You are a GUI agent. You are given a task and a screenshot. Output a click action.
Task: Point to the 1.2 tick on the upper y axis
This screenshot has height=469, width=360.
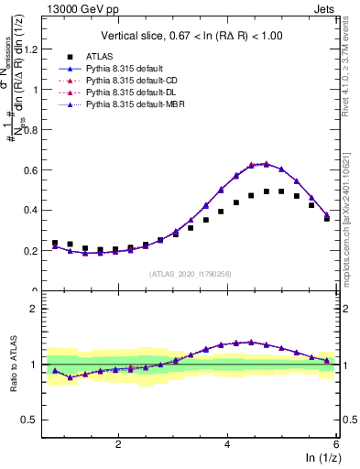click(35, 49)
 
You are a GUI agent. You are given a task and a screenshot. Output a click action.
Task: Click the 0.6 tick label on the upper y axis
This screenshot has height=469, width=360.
click(35, 169)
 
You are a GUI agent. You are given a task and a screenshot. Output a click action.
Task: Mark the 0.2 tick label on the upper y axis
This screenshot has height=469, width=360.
click(35, 250)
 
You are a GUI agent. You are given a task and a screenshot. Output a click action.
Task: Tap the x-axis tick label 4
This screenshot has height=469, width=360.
click(227, 443)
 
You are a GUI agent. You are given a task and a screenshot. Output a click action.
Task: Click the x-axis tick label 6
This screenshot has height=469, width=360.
click(335, 443)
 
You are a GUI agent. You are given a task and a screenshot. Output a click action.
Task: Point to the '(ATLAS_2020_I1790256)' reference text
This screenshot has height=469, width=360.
click(191, 273)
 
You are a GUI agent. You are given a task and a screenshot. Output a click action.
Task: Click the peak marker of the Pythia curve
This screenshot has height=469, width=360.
click(266, 164)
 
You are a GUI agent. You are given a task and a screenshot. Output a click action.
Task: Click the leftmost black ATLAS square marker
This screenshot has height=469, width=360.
click(55, 243)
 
